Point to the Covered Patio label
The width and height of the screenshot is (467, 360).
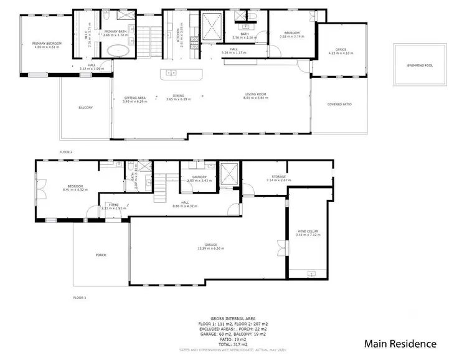(339, 104)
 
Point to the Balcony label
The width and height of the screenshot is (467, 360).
(85, 107)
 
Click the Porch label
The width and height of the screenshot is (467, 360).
(101, 255)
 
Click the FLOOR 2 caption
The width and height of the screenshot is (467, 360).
(66, 151)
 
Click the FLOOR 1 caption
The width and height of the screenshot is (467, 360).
(80, 297)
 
